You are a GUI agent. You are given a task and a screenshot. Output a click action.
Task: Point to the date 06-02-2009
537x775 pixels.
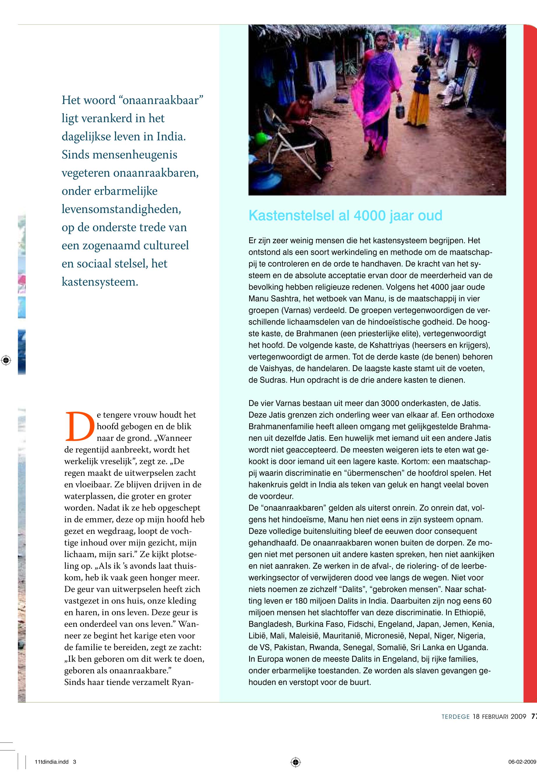pos(522,762)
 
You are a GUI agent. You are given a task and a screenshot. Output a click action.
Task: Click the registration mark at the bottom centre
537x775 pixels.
pos(295,762)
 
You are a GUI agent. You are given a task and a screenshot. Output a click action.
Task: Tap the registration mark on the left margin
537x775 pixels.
pos(6,360)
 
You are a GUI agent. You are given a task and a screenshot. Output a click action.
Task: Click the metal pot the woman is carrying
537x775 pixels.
pos(399,112)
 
